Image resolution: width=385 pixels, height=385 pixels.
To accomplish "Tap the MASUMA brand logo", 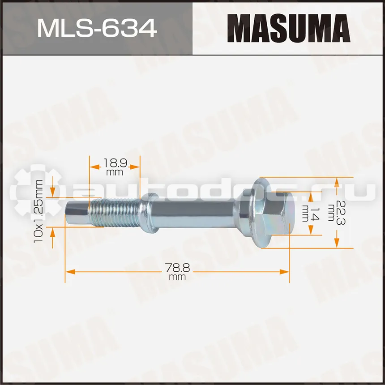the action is tap(289, 28).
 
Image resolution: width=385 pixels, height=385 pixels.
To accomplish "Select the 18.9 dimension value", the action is tap(115, 163).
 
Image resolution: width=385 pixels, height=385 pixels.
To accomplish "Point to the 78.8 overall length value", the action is tap(177, 268).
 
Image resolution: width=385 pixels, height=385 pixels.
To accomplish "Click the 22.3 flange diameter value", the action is tap(340, 213).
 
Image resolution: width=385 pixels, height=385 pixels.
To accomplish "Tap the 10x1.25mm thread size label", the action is tap(38, 211).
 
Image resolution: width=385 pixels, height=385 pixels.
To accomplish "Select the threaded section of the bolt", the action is tap(114, 213).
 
